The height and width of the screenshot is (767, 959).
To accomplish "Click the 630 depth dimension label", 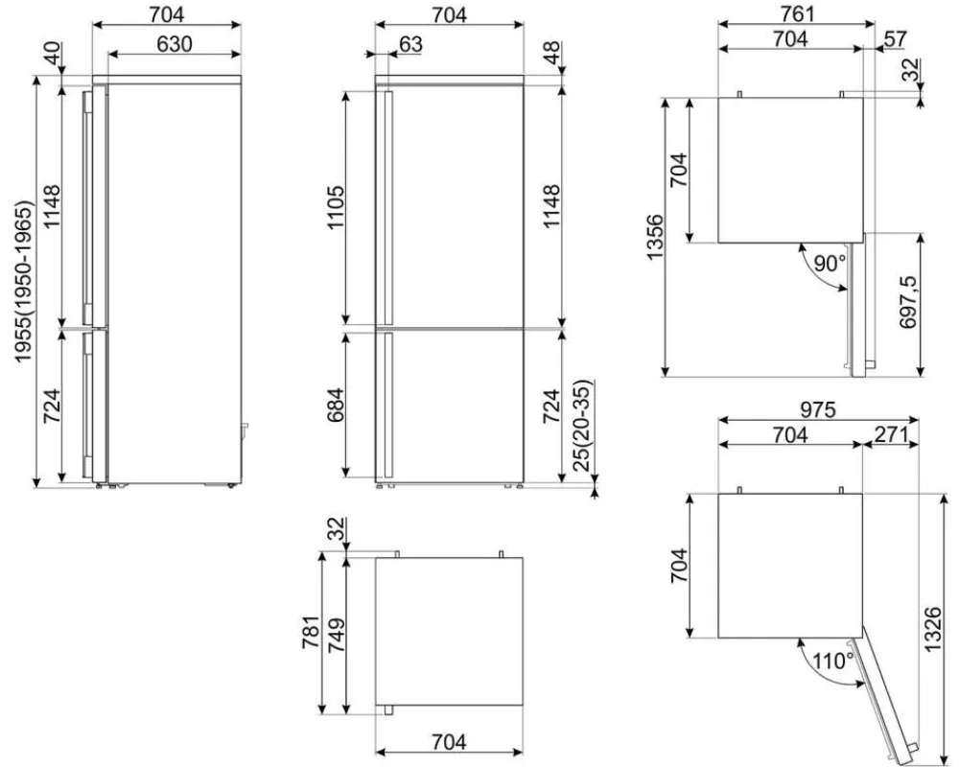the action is [x=174, y=44].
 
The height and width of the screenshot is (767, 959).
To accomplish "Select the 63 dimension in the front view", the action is [x=410, y=44].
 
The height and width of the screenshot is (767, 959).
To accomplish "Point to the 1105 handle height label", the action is [x=336, y=207].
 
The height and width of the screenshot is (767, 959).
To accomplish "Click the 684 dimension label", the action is [x=336, y=406].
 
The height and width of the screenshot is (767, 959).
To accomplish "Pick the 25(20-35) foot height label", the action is [x=583, y=427].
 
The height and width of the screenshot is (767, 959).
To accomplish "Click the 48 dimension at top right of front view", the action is [x=551, y=52].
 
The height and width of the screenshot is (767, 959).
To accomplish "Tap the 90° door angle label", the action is [x=830, y=264].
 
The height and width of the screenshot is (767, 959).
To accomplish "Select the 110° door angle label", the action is [x=833, y=661].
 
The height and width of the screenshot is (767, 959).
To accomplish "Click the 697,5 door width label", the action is [x=908, y=302].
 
